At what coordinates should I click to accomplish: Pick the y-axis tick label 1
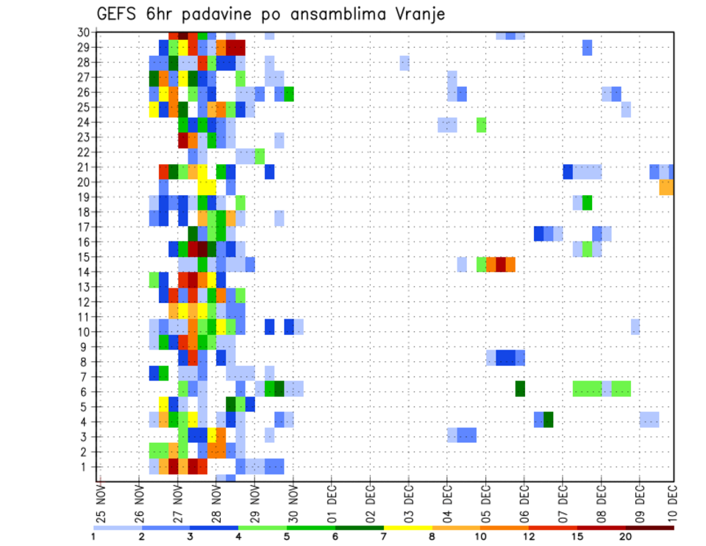[x=86, y=467]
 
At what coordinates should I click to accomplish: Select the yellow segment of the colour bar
[x=407, y=527]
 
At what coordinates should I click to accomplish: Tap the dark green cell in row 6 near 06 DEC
[x=520, y=389]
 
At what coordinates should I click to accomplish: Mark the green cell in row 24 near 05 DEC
[x=482, y=124]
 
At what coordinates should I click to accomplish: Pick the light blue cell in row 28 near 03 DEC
[x=404, y=63]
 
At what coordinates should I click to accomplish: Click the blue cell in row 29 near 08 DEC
[x=587, y=48]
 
